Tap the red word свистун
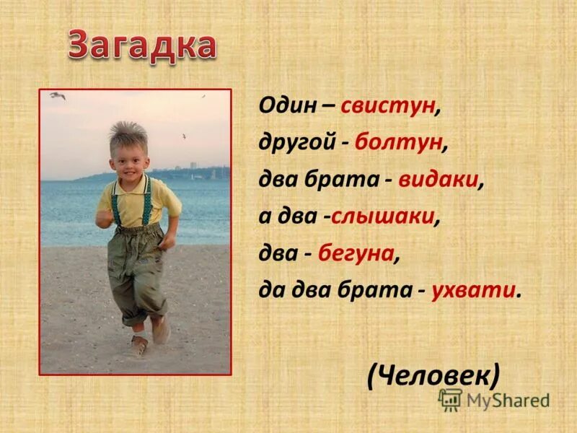tap(389, 107)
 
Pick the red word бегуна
tap(364, 253)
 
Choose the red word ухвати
tap(474, 290)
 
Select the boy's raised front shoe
tap(161, 330)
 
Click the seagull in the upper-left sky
tap(58, 95)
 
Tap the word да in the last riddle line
tap(268, 290)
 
